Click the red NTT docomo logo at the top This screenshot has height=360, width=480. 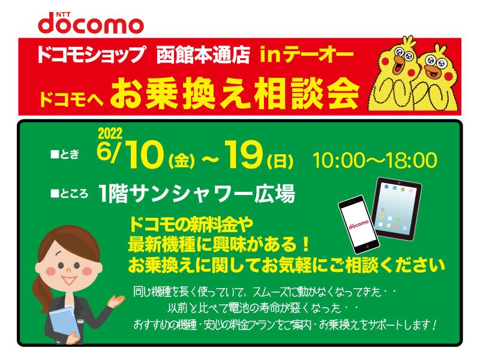(x=91, y=23)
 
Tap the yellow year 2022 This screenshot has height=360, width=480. (x=110, y=133)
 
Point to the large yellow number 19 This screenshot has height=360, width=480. (x=244, y=155)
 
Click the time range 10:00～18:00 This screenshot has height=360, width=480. (x=374, y=160)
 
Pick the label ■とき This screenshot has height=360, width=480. (x=65, y=154)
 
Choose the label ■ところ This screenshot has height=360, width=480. (x=70, y=193)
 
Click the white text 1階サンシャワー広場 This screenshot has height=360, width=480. (x=197, y=193)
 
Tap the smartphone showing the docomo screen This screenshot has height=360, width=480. (x=359, y=224)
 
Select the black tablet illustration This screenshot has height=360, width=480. (x=397, y=208)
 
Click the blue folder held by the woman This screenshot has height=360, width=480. (x=64, y=322)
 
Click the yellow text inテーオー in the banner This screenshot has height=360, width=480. (x=307, y=55)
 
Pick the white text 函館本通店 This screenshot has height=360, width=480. (x=203, y=55)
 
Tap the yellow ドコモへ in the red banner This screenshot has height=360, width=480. (x=71, y=98)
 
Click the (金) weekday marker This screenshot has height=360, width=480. (x=182, y=161)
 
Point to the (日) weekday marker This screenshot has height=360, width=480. (x=280, y=161)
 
